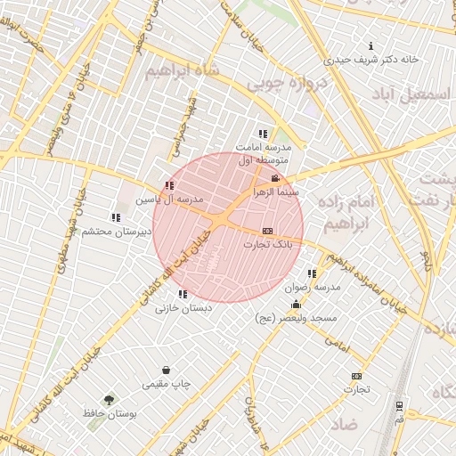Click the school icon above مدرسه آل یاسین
(x=169, y=185)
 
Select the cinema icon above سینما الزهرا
(x=274, y=179)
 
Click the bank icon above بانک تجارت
(x=267, y=231)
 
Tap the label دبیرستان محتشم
(x=115, y=232)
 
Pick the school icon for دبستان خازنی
(x=183, y=294)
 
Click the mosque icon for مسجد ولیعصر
(x=296, y=305)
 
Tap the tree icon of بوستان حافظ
(x=109, y=401)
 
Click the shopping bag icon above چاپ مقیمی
(x=166, y=370)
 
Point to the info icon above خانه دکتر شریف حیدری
(x=370, y=46)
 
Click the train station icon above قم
(x=398, y=405)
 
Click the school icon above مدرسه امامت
(x=262, y=134)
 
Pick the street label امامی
(x=336, y=340)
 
